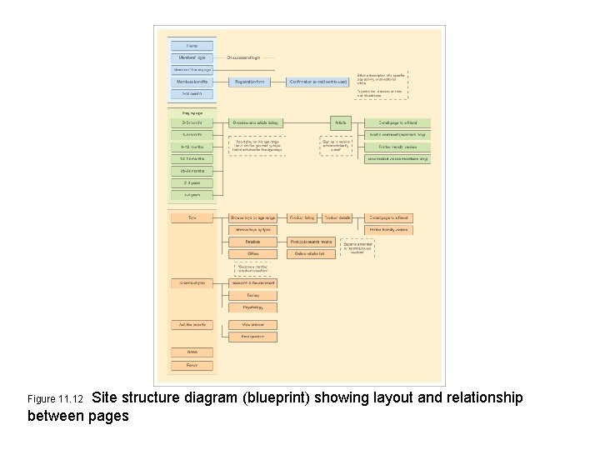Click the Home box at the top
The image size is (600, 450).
click(192, 46)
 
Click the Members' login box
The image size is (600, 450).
click(192, 57)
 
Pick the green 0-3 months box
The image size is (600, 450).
click(192, 122)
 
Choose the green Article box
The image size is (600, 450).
click(340, 122)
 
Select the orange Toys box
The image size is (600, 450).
click(192, 218)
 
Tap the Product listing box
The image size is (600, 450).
click(302, 218)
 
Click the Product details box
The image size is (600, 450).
click(337, 218)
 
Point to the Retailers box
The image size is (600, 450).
click(252, 242)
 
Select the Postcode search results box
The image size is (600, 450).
click(311, 242)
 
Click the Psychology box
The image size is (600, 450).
click(252, 307)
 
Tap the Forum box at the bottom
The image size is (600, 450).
click(192, 365)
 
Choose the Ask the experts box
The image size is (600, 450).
click(192, 325)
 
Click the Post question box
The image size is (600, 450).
click(252, 337)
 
